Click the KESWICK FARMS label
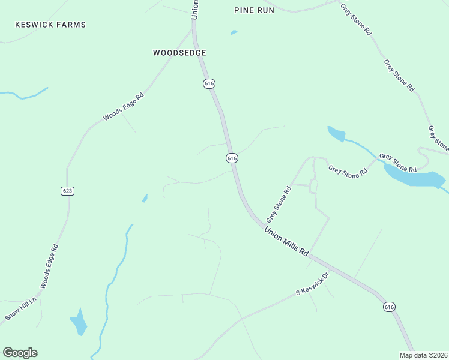(51, 25)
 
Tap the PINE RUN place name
(254, 10)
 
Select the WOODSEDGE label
(180, 53)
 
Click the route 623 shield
(67, 191)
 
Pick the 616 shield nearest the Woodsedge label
(209, 84)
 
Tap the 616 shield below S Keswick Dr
(389, 307)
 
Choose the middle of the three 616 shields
(232, 158)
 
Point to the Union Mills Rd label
(286, 242)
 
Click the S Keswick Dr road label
(313, 284)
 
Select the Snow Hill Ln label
(21, 308)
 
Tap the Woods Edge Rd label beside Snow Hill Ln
(49, 265)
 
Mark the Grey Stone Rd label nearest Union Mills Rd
(279, 204)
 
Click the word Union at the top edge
(194, 10)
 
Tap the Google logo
(20, 353)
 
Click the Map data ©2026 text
(423, 355)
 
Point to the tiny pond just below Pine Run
(234, 32)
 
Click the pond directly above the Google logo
(79, 322)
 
